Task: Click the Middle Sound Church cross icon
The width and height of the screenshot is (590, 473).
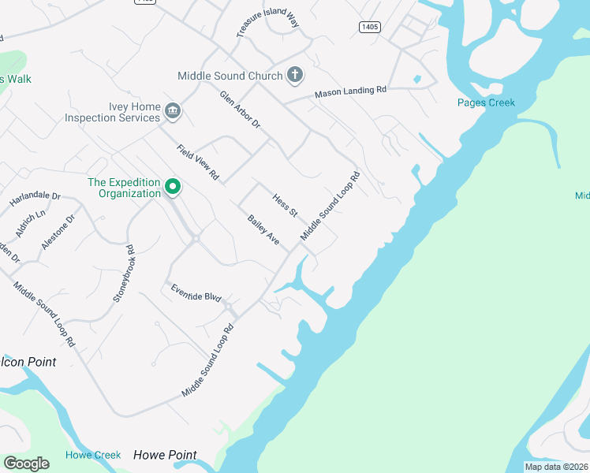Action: coord(295,76)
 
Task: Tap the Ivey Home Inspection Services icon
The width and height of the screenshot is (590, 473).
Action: coord(174,113)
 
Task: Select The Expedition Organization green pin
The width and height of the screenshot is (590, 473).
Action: coord(173,188)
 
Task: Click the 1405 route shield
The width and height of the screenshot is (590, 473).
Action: coord(369,27)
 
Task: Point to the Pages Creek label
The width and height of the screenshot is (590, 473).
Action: coord(486,102)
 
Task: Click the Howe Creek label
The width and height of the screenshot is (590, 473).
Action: coord(93,455)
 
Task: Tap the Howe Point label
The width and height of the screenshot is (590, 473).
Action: coord(165,455)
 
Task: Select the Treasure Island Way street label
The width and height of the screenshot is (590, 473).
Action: coord(267,18)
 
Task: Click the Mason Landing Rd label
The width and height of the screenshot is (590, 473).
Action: coord(350,92)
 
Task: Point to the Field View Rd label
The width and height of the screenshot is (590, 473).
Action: coord(197,162)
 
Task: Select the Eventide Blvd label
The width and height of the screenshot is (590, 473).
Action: coord(196,292)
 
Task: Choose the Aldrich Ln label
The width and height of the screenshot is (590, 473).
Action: coord(31,224)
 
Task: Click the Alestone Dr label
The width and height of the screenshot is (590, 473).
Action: coord(58,232)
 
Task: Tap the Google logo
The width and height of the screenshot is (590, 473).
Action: coord(26,463)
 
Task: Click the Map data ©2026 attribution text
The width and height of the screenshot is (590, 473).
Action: coord(556,467)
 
